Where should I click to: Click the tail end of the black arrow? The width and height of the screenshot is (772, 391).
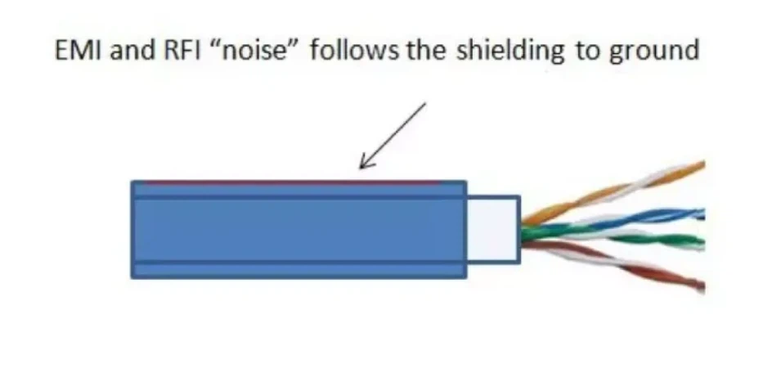pos(424,105)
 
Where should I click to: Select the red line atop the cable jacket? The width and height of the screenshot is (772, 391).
pos(286,182)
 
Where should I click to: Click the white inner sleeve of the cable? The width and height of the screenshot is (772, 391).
pos(492,230)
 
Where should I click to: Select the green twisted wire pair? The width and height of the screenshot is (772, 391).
pos(622,239)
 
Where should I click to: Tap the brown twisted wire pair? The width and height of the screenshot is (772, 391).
pos(630,266)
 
